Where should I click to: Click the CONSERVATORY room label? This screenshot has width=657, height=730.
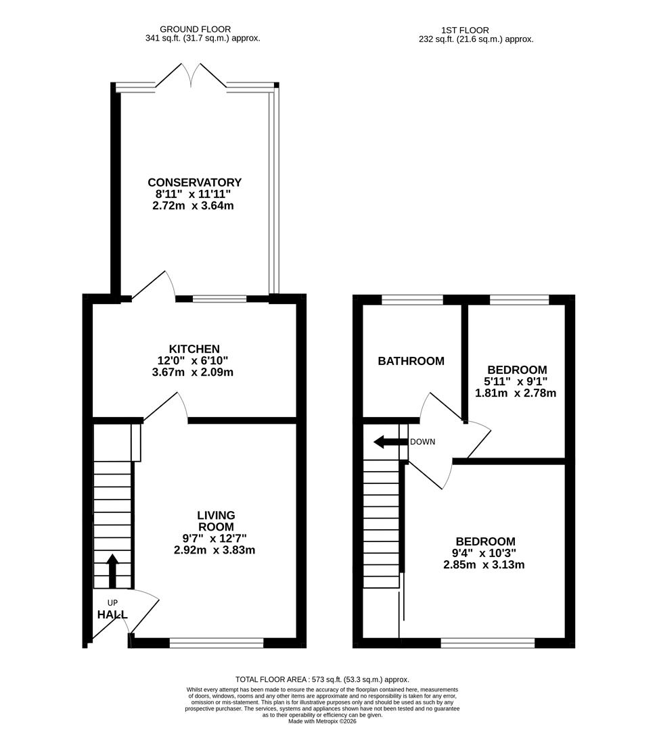click(x=194, y=182)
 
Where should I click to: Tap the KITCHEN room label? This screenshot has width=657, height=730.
click(x=194, y=349)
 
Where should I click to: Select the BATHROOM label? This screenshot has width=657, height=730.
click(x=411, y=361)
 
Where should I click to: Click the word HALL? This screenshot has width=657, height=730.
click(x=112, y=614)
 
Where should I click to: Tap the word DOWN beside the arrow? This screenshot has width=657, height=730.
click(x=422, y=442)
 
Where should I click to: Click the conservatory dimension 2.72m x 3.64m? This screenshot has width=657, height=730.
click(x=194, y=205)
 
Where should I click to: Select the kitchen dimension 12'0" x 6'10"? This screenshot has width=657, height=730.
click(x=194, y=361)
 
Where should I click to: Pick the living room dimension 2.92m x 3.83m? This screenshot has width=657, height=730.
click(x=214, y=550)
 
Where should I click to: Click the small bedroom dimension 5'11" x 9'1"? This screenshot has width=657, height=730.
click(x=517, y=381)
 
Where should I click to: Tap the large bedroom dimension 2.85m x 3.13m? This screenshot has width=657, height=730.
click(x=484, y=565)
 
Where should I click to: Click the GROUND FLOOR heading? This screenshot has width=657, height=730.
click(x=195, y=29)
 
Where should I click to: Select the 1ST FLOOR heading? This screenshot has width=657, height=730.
click(x=465, y=30)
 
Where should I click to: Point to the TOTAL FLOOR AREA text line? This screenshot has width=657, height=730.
click(x=322, y=679)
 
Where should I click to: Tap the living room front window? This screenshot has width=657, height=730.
click(x=217, y=643)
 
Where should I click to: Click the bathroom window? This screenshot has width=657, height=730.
click(x=412, y=300)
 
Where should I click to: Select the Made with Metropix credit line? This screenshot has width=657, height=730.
click(x=322, y=721)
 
